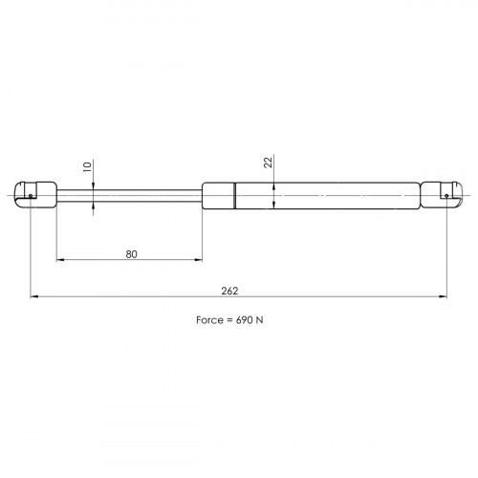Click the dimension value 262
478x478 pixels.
click(x=229, y=291)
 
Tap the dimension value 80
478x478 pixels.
click(x=131, y=254)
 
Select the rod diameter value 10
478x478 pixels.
click(x=87, y=166)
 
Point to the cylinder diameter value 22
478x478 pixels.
click(x=269, y=163)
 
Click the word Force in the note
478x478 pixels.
click(x=209, y=320)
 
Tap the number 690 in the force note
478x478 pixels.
click(x=244, y=320)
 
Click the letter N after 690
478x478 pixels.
click(x=260, y=320)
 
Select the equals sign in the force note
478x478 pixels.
click(x=229, y=320)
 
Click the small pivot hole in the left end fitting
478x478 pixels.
click(x=31, y=196)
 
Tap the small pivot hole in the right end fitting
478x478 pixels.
click(x=446, y=196)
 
